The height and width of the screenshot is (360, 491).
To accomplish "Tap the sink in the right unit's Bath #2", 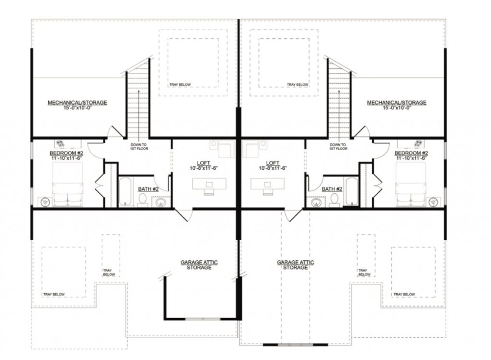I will (x=316, y=202).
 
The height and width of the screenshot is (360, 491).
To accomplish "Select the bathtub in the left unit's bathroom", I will (x=125, y=191).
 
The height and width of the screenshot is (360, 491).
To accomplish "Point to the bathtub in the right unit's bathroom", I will (x=352, y=191).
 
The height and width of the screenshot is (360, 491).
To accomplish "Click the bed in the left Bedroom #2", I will (x=68, y=184).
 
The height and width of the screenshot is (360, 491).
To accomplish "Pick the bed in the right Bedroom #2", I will (x=410, y=184).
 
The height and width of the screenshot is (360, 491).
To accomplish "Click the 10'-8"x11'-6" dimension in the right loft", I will (x=273, y=168).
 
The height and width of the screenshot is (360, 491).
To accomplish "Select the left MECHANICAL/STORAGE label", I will (x=77, y=102).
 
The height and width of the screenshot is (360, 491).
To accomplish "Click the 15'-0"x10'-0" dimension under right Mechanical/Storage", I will (x=397, y=108).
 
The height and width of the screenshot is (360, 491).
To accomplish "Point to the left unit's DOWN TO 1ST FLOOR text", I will (x=139, y=146).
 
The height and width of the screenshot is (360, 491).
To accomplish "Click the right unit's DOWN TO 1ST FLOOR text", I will (x=338, y=146).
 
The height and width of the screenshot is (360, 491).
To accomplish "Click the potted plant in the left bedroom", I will (x=60, y=143).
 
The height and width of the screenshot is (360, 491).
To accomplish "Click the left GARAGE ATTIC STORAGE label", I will (x=199, y=265).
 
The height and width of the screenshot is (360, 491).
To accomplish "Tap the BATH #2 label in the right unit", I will (x=332, y=189).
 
